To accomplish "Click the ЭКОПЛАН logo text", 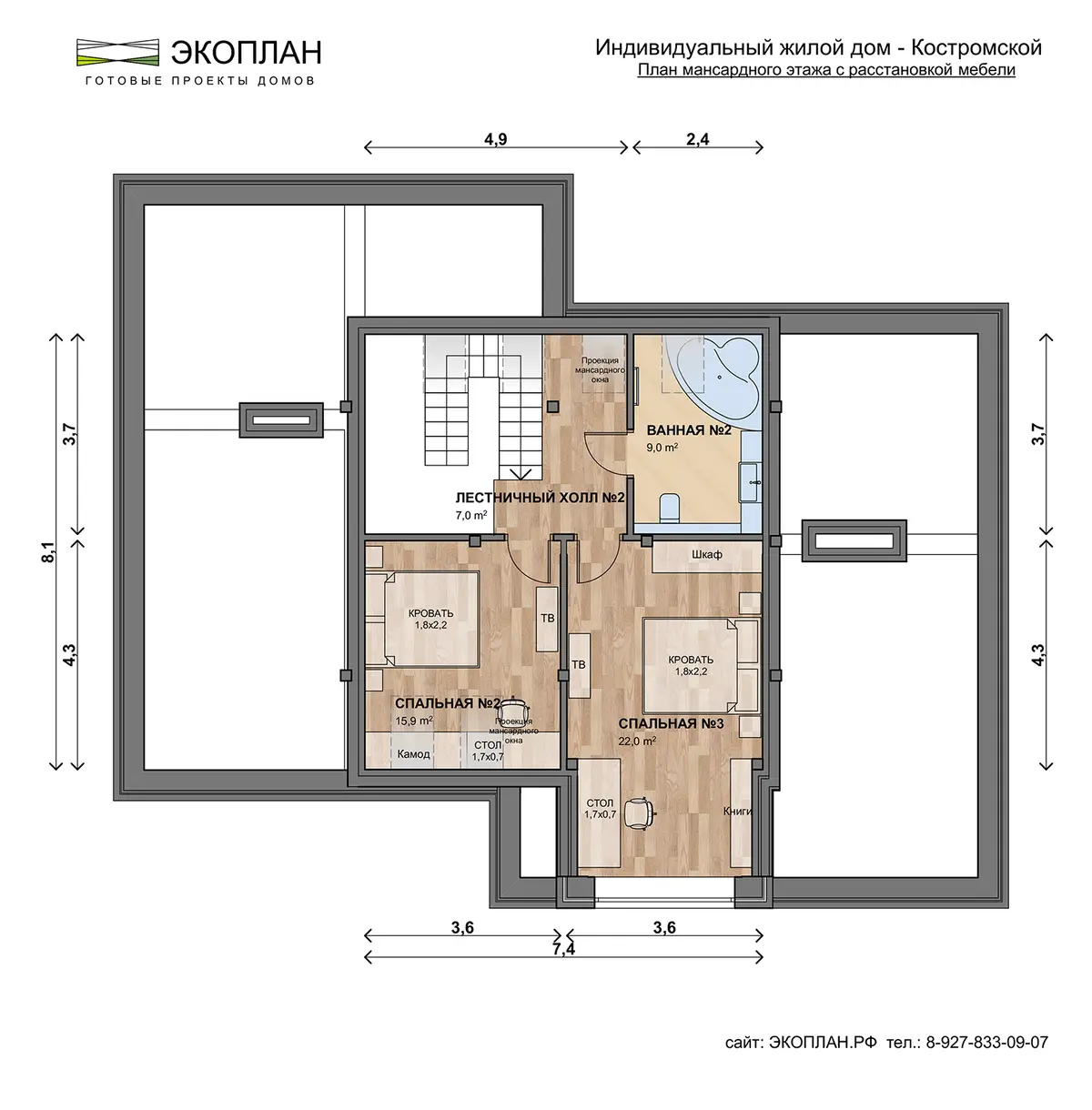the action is pyautogui.click(x=246, y=53).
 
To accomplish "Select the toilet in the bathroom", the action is pyautogui.click(x=670, y=507).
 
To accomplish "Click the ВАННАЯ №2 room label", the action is pyautogui.click(x=689, y=430).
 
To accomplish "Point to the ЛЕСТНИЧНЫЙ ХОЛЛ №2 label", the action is pyautogui.click(x=540, y=498).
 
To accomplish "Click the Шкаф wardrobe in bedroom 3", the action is pyautogui.click(x=707, y=555).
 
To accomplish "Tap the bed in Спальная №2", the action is pyautogui.click(x=423, y=619).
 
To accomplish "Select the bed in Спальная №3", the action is pyautogui.click(x=701, y=665).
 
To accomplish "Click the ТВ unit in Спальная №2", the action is pyautogui.click(x=547, y=619).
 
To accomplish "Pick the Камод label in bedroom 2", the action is pyautogui.click(x=414, y=754).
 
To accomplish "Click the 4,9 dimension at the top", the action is pyautogui.click(x=496, y=139).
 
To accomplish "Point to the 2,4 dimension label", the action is pyautogui.click(x=698, y=139).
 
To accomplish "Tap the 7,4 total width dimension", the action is pyautogui.click(x=563, y=949).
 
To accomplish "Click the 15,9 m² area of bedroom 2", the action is pyautogui.click(x=414, y=721).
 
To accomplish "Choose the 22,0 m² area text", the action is pyautogui.click(x=637, y=742).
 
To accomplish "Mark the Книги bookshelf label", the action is pyautogui.click(x=738, y=811).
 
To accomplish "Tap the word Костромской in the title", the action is pyautogui.click(x=976, y=47).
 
